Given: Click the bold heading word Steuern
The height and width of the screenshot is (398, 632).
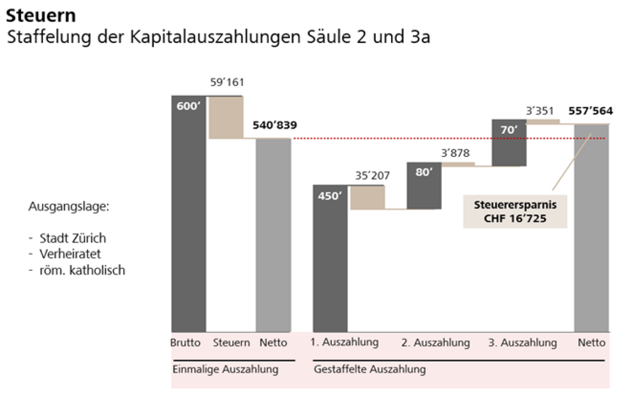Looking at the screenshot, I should (41, 16).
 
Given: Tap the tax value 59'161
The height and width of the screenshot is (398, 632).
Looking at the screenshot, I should (227, 82).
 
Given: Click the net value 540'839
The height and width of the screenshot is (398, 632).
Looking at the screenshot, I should (275, 125).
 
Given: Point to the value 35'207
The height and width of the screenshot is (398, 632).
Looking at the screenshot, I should (372, 176).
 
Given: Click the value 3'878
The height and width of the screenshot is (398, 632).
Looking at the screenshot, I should (455, 153).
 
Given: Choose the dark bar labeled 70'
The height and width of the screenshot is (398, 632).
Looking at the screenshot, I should (509, 143).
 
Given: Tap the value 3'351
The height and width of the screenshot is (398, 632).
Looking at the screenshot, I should (540, 111).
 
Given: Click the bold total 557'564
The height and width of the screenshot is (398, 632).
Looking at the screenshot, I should (590, 111).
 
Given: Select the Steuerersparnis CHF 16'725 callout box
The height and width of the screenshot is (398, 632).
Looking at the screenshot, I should (515, 212).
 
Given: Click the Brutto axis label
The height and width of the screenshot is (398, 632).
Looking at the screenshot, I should (185, 343).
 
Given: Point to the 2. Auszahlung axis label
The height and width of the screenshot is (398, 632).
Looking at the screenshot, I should (435, 343).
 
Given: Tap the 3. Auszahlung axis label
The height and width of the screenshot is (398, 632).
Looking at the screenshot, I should (522, 343).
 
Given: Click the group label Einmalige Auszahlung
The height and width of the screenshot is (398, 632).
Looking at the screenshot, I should (225, 369).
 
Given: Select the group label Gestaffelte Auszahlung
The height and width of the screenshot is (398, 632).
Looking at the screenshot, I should (370, 369).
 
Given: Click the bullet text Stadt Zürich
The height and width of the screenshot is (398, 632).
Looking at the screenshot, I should (72, 238).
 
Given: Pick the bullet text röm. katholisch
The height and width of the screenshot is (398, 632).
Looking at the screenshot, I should (82, 270).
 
